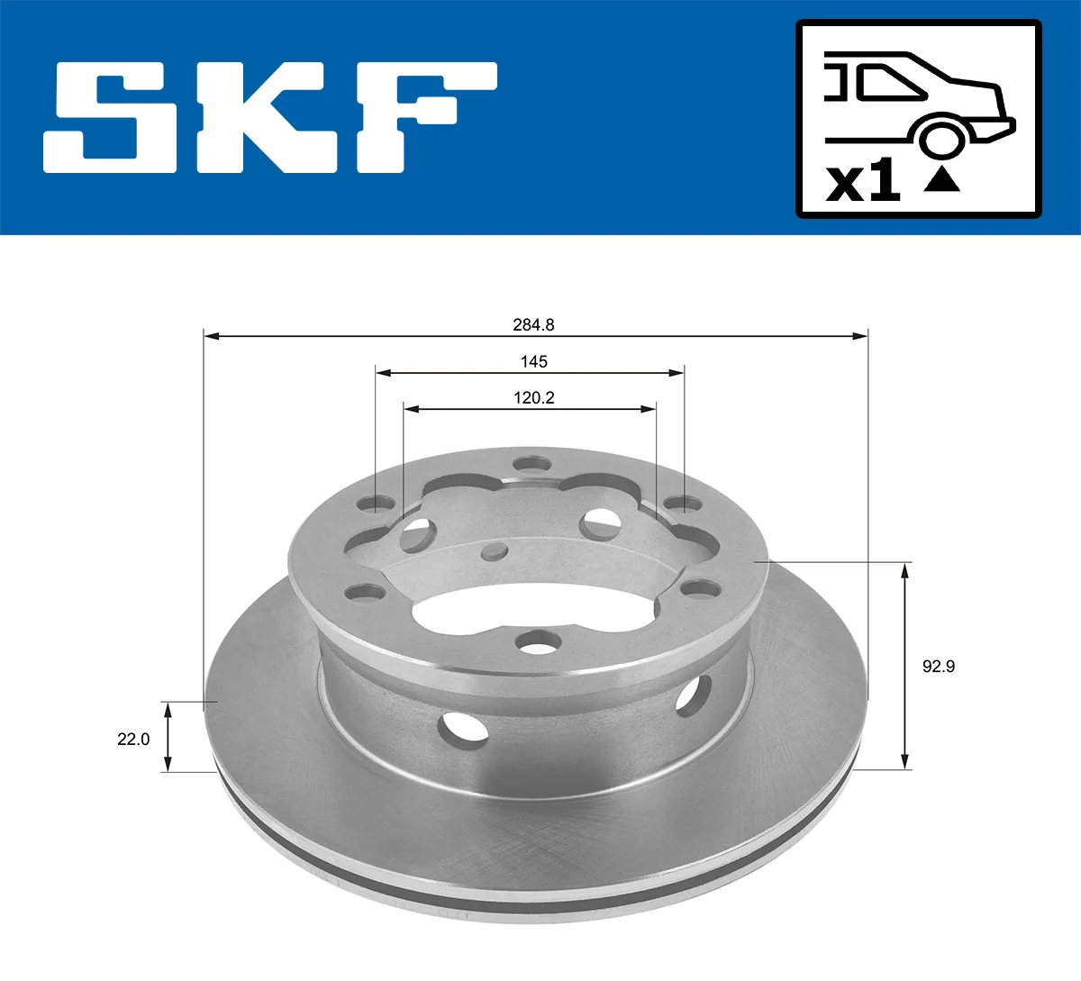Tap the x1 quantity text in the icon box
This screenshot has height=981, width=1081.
tap(863, 182)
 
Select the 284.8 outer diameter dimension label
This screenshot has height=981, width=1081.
tap(533, 325)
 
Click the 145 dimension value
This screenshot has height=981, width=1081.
tap(533, 361)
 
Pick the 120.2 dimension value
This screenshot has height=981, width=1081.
tap(533, 397)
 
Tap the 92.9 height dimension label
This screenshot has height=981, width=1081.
tap(938, 667)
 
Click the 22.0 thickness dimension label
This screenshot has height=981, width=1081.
tap(133, 739)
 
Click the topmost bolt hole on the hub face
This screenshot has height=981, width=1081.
tap(531, 465)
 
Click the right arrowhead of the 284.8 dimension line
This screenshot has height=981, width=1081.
tap(860, 337)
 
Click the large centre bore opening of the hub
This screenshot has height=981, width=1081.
tap(504, 613)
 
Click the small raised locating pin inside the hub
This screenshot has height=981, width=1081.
tap(495, 550)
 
